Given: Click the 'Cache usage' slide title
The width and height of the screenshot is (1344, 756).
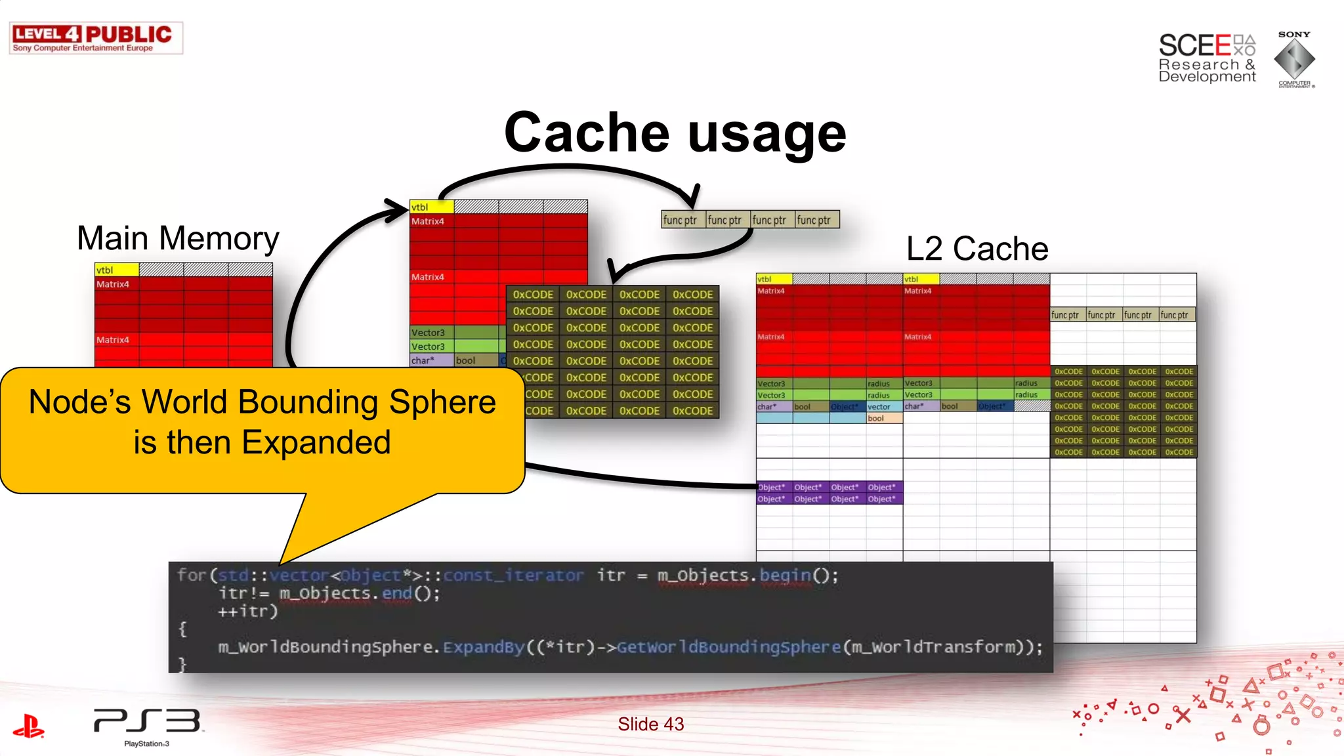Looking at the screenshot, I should tap(675, 133).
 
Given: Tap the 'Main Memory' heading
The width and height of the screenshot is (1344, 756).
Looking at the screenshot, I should tap(178, 238).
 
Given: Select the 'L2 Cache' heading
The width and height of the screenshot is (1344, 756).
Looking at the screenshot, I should tap(976, 249).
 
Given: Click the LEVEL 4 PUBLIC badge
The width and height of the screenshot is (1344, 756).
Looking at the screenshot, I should tap(96, 38).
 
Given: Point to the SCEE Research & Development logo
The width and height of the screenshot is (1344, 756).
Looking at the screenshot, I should tap(1206, 58).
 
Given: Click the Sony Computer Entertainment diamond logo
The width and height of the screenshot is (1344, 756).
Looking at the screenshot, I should tap(1294, 59).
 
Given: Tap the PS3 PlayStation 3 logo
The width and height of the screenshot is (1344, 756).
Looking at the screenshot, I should tap(147, 725).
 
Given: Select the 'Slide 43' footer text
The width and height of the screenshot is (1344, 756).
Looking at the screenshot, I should tap(650, 724).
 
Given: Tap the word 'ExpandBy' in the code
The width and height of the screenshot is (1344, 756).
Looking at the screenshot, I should tap(484, 647).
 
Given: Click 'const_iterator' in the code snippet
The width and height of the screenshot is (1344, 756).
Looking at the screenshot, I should tap(513, 576).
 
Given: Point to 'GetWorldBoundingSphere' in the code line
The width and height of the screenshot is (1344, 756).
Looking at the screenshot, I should tap(728, 647).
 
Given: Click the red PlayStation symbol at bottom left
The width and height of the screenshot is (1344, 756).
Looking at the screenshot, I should tap(28, 726).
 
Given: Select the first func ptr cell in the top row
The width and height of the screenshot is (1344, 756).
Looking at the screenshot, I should tap(682, 220).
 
